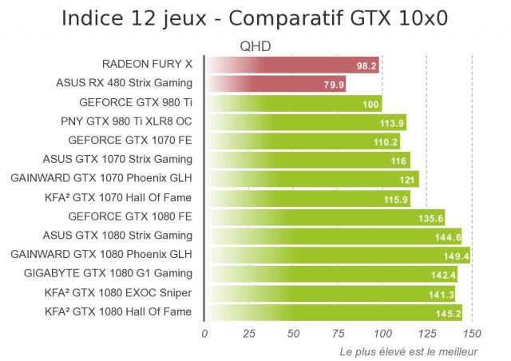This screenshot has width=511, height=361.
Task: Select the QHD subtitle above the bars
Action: [255, 47]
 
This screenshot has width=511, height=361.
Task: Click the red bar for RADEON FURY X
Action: [292, 65]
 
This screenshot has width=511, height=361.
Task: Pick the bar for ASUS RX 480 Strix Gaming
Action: [275, 83]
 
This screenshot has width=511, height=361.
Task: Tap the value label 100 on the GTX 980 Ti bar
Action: [370, 104]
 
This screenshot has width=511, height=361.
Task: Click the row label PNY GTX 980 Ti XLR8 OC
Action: [127, 122]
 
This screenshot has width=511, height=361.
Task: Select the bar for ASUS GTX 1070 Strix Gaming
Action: [307, 160]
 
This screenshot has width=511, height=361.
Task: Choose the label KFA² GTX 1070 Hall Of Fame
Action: [119, 197]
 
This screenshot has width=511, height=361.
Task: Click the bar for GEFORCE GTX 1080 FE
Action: [324, 216]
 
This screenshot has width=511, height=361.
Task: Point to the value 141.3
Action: [442, 293]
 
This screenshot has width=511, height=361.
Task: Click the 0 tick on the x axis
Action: [204, 333]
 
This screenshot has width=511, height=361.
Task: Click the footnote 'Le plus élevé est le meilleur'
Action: [409, 351]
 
